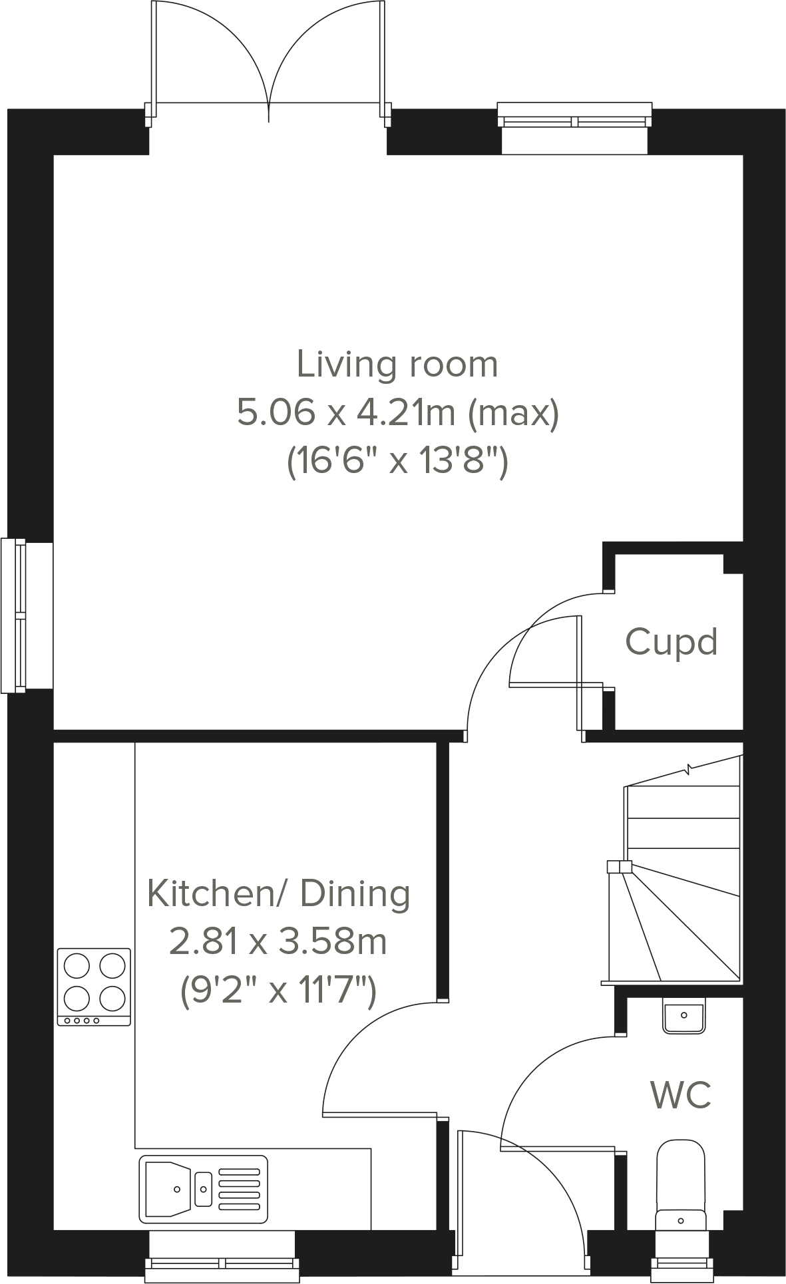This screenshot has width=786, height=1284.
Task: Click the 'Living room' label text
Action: click(397, 365)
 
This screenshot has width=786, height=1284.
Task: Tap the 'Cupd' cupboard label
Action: click(671, 643)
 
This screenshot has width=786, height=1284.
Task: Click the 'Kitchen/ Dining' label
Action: click(278, 893)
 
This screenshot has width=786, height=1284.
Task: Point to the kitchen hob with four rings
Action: click(94, 987)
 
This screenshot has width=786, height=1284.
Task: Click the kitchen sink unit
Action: click(203, 1189)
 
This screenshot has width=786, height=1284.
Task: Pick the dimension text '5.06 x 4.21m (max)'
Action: click(398, 412)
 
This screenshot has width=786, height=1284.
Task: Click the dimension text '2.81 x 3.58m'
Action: click(278, 942)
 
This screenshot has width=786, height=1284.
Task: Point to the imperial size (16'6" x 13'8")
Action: click(397, 460)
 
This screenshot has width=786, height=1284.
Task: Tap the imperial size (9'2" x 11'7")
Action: click(278, 990)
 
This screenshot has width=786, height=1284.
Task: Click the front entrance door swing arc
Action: click(552, 1184)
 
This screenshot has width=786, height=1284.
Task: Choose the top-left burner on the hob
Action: click(77, 965)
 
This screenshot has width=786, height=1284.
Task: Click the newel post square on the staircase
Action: click(619, 866)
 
